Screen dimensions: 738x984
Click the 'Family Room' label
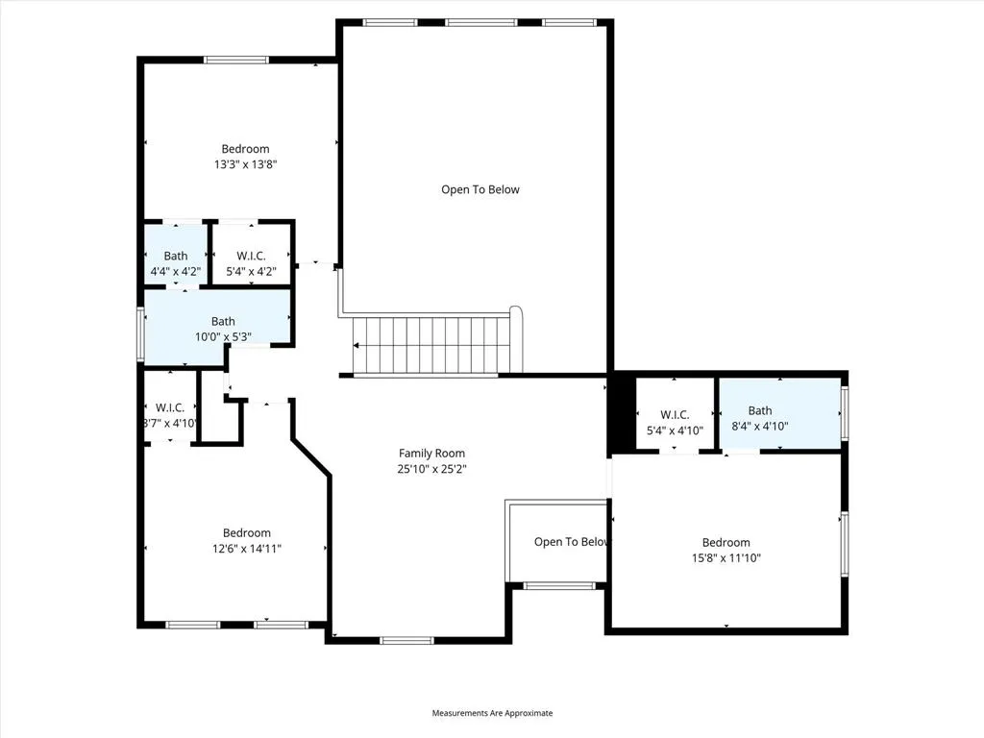431,454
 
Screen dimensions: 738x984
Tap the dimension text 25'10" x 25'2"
431,469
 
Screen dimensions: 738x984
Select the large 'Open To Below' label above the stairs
480,190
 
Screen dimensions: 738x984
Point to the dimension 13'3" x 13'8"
245,164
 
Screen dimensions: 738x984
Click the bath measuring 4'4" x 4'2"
175,263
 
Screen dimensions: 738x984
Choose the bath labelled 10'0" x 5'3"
223,329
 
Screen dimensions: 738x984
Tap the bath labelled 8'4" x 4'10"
760,418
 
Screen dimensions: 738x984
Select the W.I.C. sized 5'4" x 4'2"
251,263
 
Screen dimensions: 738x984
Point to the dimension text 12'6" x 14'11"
247,548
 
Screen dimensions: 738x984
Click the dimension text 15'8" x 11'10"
726,557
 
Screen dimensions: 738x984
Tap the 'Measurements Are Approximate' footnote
492,713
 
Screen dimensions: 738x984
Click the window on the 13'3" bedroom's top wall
236,61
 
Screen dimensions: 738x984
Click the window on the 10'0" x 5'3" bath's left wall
141,333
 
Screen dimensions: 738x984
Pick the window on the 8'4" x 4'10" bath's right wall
845,412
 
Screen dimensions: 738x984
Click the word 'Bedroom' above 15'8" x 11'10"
726,542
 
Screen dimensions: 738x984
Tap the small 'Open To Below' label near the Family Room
571,542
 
